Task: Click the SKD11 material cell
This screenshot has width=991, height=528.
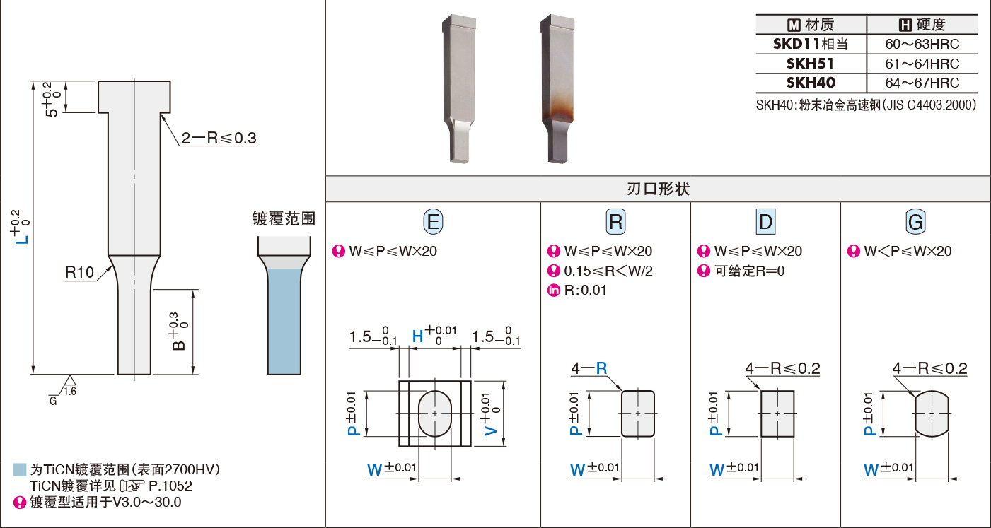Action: coord(811,44)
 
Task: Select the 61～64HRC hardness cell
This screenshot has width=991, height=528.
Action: coord(922,64)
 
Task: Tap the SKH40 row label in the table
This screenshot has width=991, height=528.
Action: coord(811,83)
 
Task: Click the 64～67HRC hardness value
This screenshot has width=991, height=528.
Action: coord(922,83)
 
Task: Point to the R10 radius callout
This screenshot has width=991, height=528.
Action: coord(80,272)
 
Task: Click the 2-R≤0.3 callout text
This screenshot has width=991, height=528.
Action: coord(219,138)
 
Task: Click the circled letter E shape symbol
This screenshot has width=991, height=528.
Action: coord(433,221)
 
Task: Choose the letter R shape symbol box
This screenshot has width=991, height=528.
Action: coord(615,221)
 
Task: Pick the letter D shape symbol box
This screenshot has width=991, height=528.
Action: coord(765,221)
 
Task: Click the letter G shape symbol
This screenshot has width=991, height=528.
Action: coord(915,221)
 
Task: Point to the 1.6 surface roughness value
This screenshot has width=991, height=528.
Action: coord(70,392)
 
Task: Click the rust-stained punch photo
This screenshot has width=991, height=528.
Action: coord(557,89)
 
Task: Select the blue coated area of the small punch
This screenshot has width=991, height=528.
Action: coord(284,322)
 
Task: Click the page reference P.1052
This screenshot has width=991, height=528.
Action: coord(170,486)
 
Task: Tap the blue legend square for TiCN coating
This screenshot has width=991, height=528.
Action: coord(20,469)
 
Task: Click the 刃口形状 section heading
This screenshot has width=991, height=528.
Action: coord(658,189)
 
